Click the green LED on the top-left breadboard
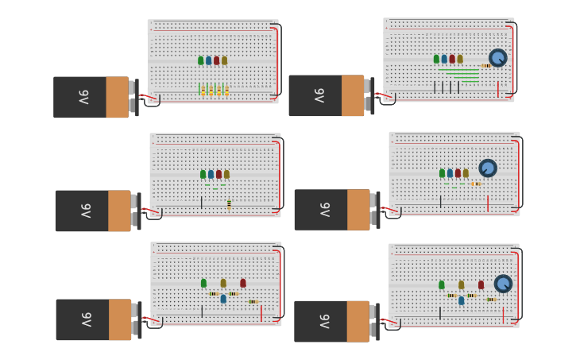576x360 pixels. [201, 60]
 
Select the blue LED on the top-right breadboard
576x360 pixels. [444, 59]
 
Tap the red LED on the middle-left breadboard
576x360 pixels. [218, 174]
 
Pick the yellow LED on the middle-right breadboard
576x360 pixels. [466, 172]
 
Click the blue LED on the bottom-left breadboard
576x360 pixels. [223, 299]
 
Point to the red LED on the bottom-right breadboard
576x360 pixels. [481, 285]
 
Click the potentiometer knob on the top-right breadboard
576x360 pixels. [497, 57]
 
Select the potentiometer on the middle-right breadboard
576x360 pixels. [488, 168]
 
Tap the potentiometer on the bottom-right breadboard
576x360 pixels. [503, 284]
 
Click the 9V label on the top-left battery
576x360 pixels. [83, 97]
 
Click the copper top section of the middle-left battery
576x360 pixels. [120, 211]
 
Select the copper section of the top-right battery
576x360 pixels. [353, 95]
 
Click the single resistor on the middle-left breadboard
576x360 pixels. [229, 204]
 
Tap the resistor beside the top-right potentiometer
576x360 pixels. [485, 66]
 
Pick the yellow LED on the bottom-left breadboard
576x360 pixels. [223, 283]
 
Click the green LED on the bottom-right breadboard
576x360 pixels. [442, 285]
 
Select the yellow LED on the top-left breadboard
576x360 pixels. [224, 60]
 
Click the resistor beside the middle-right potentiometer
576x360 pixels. [475, 184]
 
